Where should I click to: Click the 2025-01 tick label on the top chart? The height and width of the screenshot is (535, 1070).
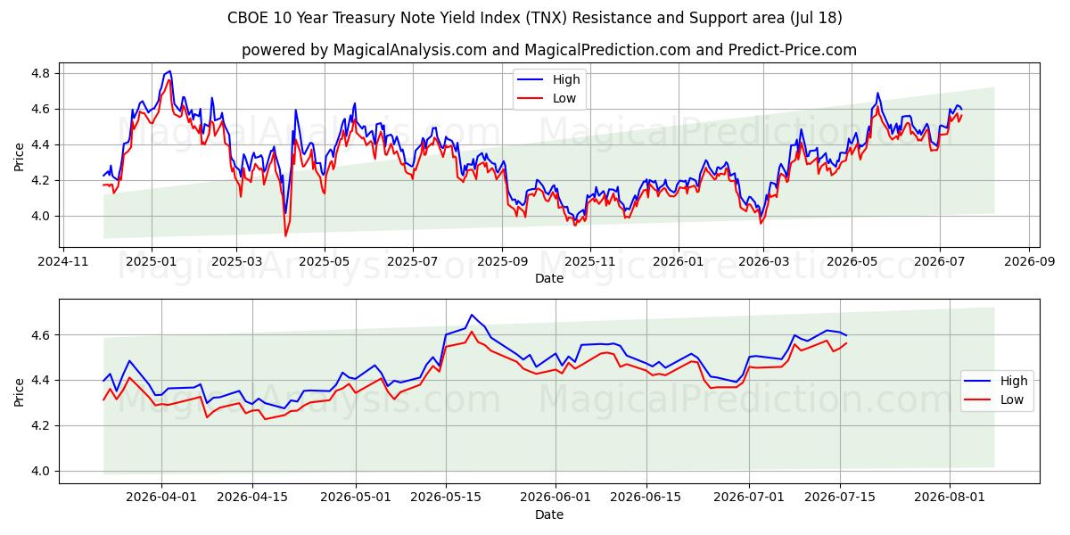(152, 262)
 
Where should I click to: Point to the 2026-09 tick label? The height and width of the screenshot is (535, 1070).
(1029, 262)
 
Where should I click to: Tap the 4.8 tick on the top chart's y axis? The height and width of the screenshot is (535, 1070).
(40, 73)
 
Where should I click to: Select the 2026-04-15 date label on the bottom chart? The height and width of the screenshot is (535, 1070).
(252, 498)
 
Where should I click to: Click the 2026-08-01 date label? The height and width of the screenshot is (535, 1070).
(949, 498)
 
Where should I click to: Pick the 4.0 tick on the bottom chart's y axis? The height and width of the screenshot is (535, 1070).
(40, 471)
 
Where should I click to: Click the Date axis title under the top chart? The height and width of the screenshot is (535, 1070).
(549, 278)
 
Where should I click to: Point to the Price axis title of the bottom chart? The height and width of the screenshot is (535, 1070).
(19, 392)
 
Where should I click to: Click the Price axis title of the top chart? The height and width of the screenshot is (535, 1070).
(19, 157)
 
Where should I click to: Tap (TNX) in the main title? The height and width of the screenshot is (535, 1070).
(547, 18)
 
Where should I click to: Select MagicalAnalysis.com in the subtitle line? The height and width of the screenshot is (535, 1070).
(410, 50)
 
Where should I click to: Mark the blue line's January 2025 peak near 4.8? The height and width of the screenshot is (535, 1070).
(169, 71)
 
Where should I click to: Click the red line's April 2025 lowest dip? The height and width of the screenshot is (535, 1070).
(285, 235)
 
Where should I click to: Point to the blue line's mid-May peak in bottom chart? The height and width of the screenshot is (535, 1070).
(472, 315)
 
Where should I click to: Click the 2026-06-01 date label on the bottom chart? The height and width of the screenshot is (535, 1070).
(556, 498)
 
